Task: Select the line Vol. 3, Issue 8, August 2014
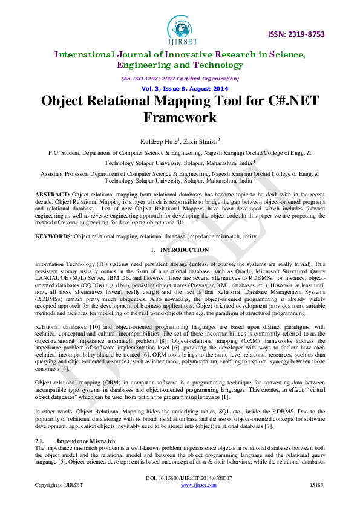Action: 180,88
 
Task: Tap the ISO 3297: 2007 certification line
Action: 180,79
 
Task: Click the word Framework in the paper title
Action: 180,116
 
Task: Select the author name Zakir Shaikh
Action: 201,141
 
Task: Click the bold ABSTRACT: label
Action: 53,193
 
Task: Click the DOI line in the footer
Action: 180,478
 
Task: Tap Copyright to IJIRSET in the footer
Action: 59,485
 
